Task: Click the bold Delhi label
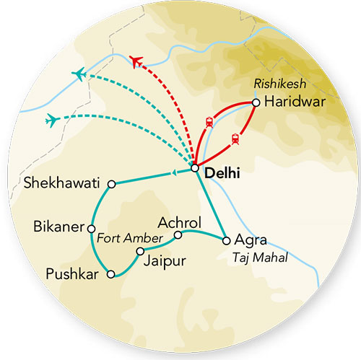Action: tap(222, 173)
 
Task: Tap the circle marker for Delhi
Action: tap(195, 169)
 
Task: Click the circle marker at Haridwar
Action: tap(256, 102)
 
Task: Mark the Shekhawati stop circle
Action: tap(111, 185)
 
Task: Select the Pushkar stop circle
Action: tap(110, 274)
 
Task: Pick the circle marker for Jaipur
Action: tap(141, 251)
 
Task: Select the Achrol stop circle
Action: tap(178, 234)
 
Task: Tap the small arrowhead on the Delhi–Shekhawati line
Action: tap(173, 172)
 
